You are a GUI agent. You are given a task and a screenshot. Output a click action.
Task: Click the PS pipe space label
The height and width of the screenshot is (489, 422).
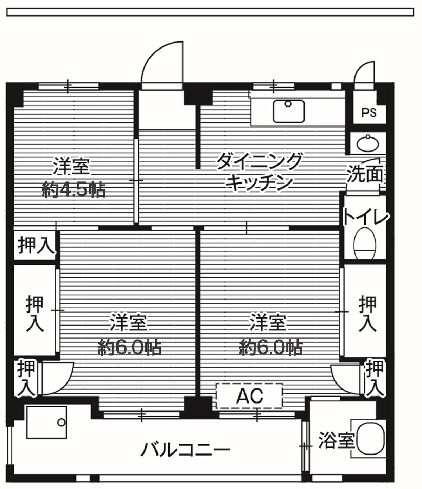coord(369,113)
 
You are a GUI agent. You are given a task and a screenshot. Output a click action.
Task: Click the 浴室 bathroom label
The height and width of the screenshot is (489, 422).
coord(336,440)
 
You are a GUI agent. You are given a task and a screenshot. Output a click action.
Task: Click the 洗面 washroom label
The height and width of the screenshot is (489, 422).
coord(365,174)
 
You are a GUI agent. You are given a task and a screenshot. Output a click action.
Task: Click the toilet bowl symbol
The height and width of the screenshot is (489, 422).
coord(365,244)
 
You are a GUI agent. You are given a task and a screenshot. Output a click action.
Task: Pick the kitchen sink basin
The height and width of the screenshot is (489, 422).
coord(289,111)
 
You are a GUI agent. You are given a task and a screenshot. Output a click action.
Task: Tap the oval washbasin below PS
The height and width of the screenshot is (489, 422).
coord(368,143)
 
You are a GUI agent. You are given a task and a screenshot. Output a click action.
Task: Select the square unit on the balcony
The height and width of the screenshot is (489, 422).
coord(46,423)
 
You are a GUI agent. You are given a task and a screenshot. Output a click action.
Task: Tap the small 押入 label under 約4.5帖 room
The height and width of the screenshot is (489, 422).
coord(36,245)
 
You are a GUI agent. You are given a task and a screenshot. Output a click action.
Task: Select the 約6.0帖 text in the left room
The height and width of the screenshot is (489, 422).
coord(129,347)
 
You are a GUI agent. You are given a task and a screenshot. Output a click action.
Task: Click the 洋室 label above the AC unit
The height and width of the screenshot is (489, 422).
coord(268,322)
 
